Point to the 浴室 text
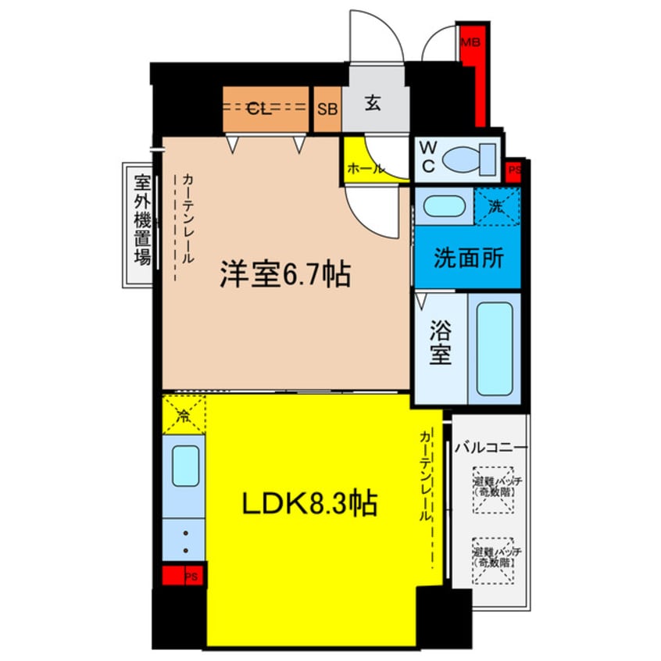(x=441, y=344)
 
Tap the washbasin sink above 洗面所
(x=443, y=207)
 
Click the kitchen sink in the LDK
(x=185, y=467)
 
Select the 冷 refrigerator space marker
(x=184, y=414)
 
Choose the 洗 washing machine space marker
(x=498, y=206)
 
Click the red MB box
(x=470, y=42)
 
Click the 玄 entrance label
(x=374, y=104)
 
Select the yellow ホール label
(x=365, y=168)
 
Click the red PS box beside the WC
(x=513, y=170)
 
